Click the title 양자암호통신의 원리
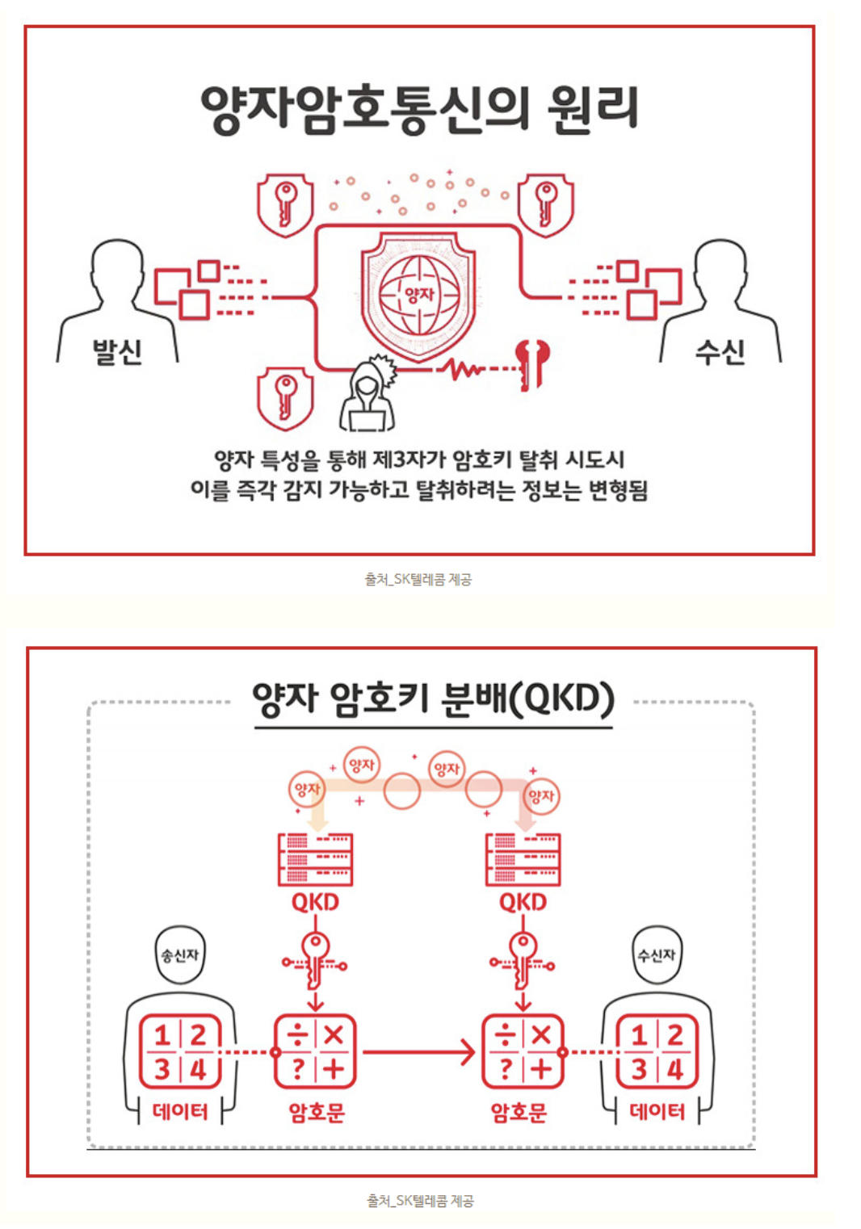tap(418, 110)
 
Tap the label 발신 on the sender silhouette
tap(117, 352)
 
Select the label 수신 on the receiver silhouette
tap(720, 352)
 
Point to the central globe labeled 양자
tap(418, 295)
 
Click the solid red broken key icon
tap(531, 364)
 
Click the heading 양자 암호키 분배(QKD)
tap(433, 700)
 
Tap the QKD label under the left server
tap(315, 902)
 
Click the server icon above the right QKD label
tap(523, 859)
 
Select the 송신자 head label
tap(179, 955)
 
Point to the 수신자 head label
tap(657, 955)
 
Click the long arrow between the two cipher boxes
tap(418, 1052)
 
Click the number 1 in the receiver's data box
tap(638, 1035)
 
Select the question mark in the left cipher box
tap(298, 1069)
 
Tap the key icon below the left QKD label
tap(315, 962)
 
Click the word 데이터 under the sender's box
tap(180, 1112)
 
